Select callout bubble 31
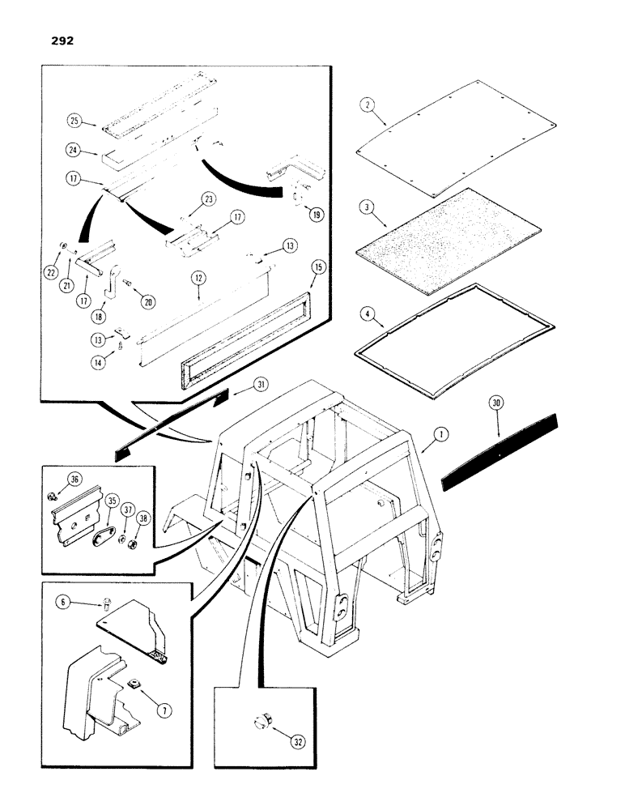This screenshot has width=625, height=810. click(238, 384)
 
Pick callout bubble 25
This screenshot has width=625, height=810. click(74, 122)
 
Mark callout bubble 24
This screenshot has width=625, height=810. click(74, 150)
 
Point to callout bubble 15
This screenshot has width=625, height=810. click(317, 266)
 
